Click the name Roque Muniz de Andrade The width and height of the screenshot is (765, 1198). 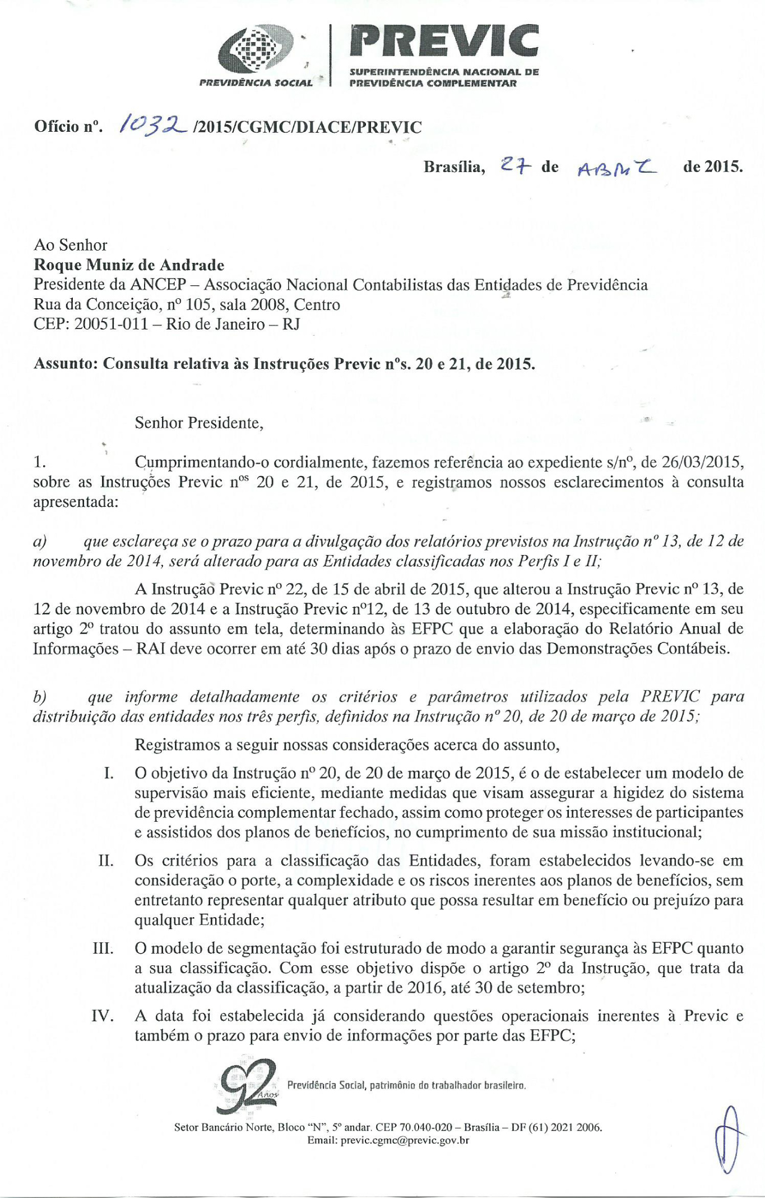click(129, 265)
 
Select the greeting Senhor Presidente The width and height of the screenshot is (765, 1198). click(198, 422)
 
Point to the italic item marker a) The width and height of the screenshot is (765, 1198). click(40, 541)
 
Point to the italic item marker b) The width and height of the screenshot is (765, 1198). click(40, 697)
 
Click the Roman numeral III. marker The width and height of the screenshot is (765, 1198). click(103, 949)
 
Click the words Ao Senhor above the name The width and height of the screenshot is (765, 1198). click(70, 245)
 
